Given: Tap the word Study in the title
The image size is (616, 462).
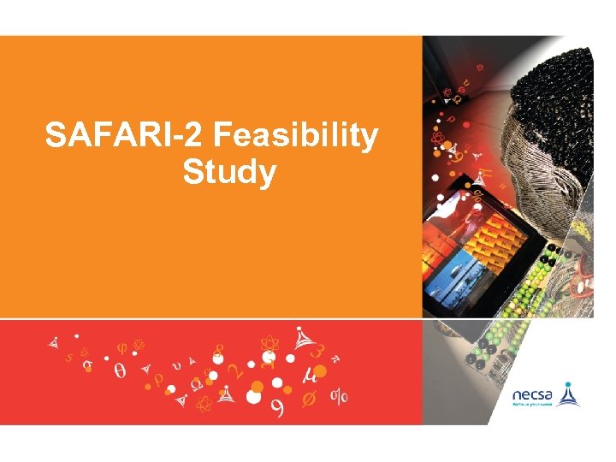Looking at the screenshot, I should point(229,173).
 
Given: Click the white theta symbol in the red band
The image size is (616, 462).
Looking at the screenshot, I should point(119,371).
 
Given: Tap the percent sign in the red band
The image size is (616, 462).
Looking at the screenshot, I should point(340,396).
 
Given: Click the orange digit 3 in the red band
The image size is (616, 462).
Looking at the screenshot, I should point(317,351).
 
